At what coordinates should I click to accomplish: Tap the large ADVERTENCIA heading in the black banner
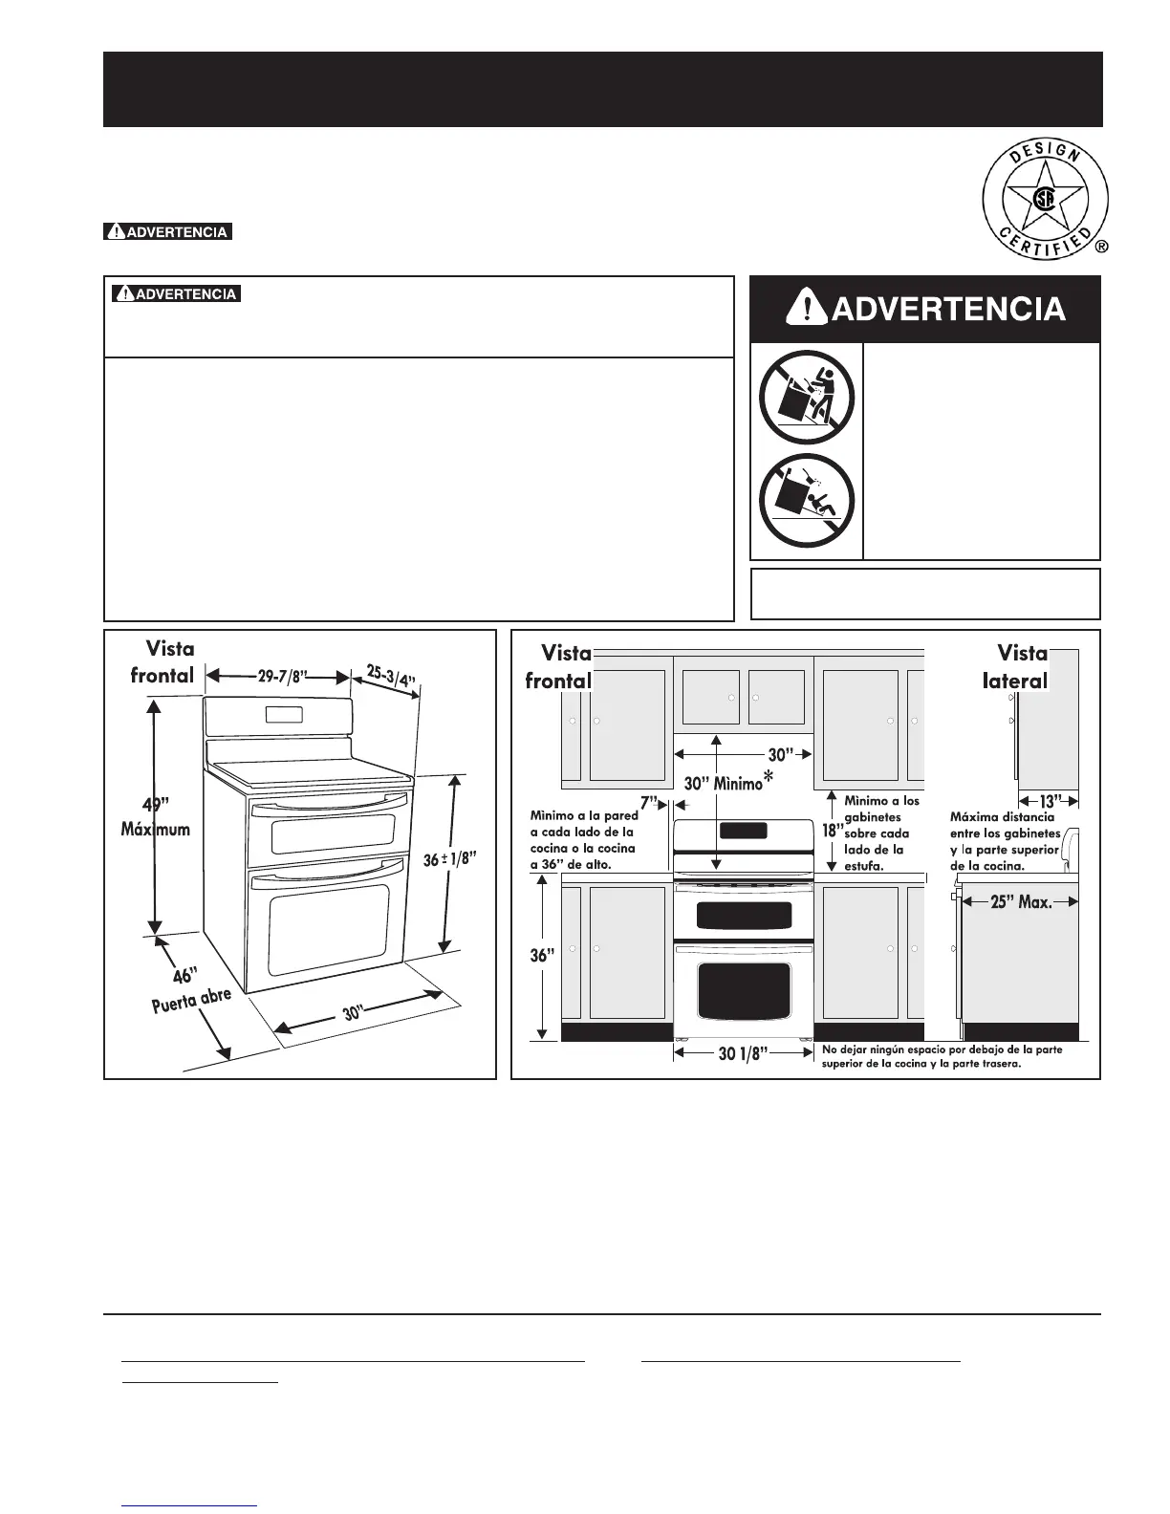pyautogui.click(x=924, y=309)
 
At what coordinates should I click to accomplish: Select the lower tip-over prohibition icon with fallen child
pyautogui.click(x=806, y=500)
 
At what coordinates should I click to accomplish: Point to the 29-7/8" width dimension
pyautogui.click(x=279, y=677)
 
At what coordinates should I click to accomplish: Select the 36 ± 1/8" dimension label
pyautogui.click(x=449, y=859)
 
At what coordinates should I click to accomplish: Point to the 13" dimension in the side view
pyautogui.click(x=1049, y=801)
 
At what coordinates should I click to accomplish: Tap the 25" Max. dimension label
pyautogui.click(x=1021, y=900)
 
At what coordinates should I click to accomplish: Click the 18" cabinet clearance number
pyautogui.click(x=831, y=830)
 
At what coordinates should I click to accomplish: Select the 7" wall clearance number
pyautogui.click(x=650, y=803)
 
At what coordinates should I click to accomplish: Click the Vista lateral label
pyautogui.click(x=1021, y=667)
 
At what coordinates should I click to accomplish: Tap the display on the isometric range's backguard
pyautogui.click(x=285, y=713)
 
